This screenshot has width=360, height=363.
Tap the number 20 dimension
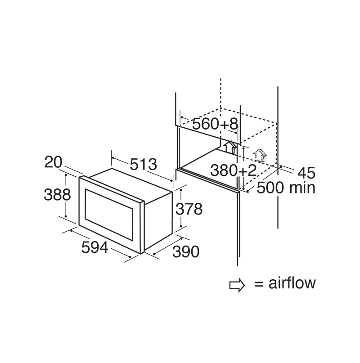coord(53,162)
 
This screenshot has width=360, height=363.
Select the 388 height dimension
coord(57,194)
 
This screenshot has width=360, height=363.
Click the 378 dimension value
coord(189,209)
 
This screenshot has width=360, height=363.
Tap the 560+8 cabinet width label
coord(214,125)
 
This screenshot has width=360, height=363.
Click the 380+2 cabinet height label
coord(234,170)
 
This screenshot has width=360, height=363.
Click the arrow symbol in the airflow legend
coord(237,284)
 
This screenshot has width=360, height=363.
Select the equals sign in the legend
coord(258,284)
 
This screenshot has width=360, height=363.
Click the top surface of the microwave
coord(130,184)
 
